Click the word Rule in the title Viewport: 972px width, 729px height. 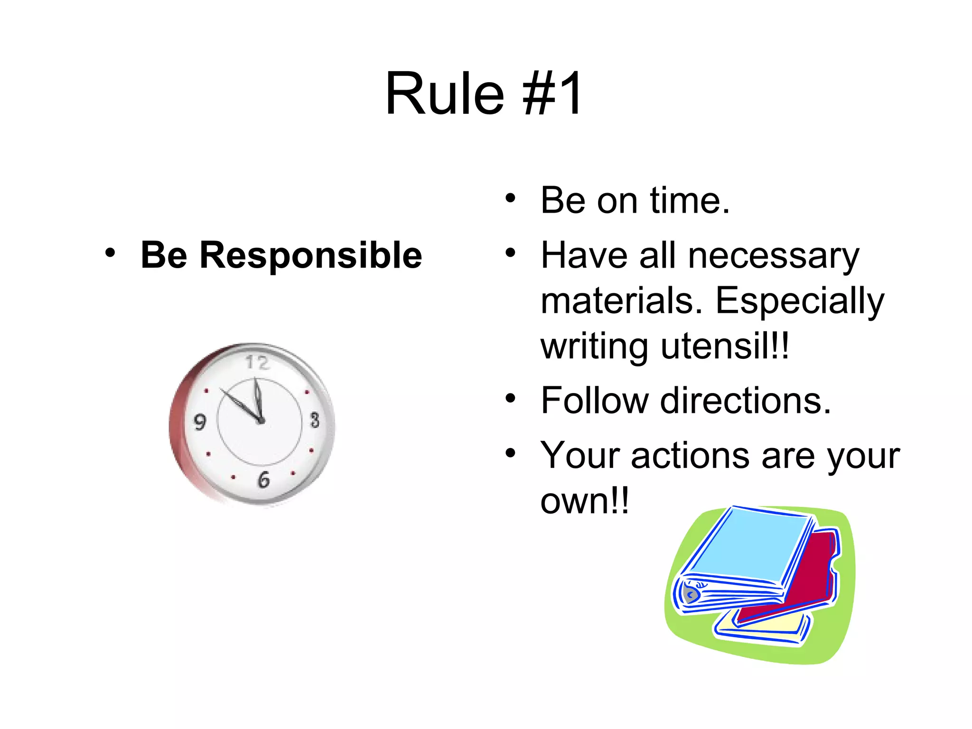click(x=444, y=93)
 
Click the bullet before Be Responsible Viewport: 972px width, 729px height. click(x=110, y=253)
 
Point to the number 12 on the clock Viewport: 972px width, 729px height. click(x=257, y=363)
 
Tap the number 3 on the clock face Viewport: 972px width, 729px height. click(x=315, y=420)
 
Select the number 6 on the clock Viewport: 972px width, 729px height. click(x=264, y=480)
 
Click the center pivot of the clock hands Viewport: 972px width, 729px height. click(x=261, y=421)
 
